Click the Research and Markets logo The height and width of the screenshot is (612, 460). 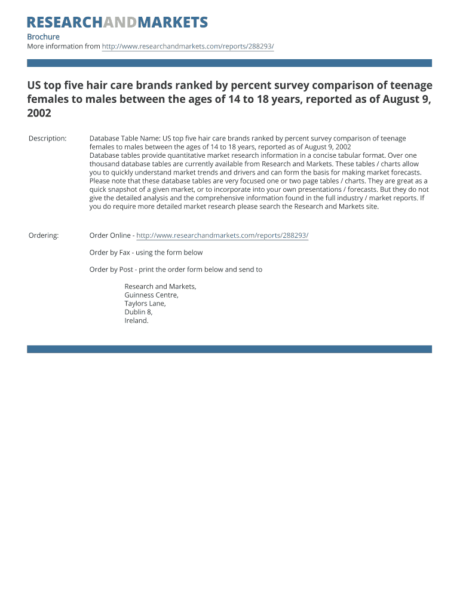click(118, 23)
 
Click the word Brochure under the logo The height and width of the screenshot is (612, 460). click(43, 37)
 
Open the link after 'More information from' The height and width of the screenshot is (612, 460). click(188, 47)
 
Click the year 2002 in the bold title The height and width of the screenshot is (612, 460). click(39, 113)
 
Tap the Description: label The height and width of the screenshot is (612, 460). click(47, 139)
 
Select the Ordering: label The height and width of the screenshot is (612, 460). click(44, 235)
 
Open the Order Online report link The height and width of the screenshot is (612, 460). click(222, 235)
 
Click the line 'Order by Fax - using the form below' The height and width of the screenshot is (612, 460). click(146, 252)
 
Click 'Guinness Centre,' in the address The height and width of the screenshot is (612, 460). click(151, 295)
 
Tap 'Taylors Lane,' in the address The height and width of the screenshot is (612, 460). click(145, 304)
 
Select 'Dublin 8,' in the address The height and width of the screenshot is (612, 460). click(138, 312)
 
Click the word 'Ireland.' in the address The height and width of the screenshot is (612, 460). click(136, 320)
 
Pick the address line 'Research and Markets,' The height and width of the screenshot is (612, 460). click(160, 287)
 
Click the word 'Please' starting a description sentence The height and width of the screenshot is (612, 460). click(100, 180)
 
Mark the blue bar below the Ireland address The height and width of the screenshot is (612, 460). click(229, 349)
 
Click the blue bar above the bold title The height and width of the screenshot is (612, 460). click(229, 63)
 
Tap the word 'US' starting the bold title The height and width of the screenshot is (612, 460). click(35, 85)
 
